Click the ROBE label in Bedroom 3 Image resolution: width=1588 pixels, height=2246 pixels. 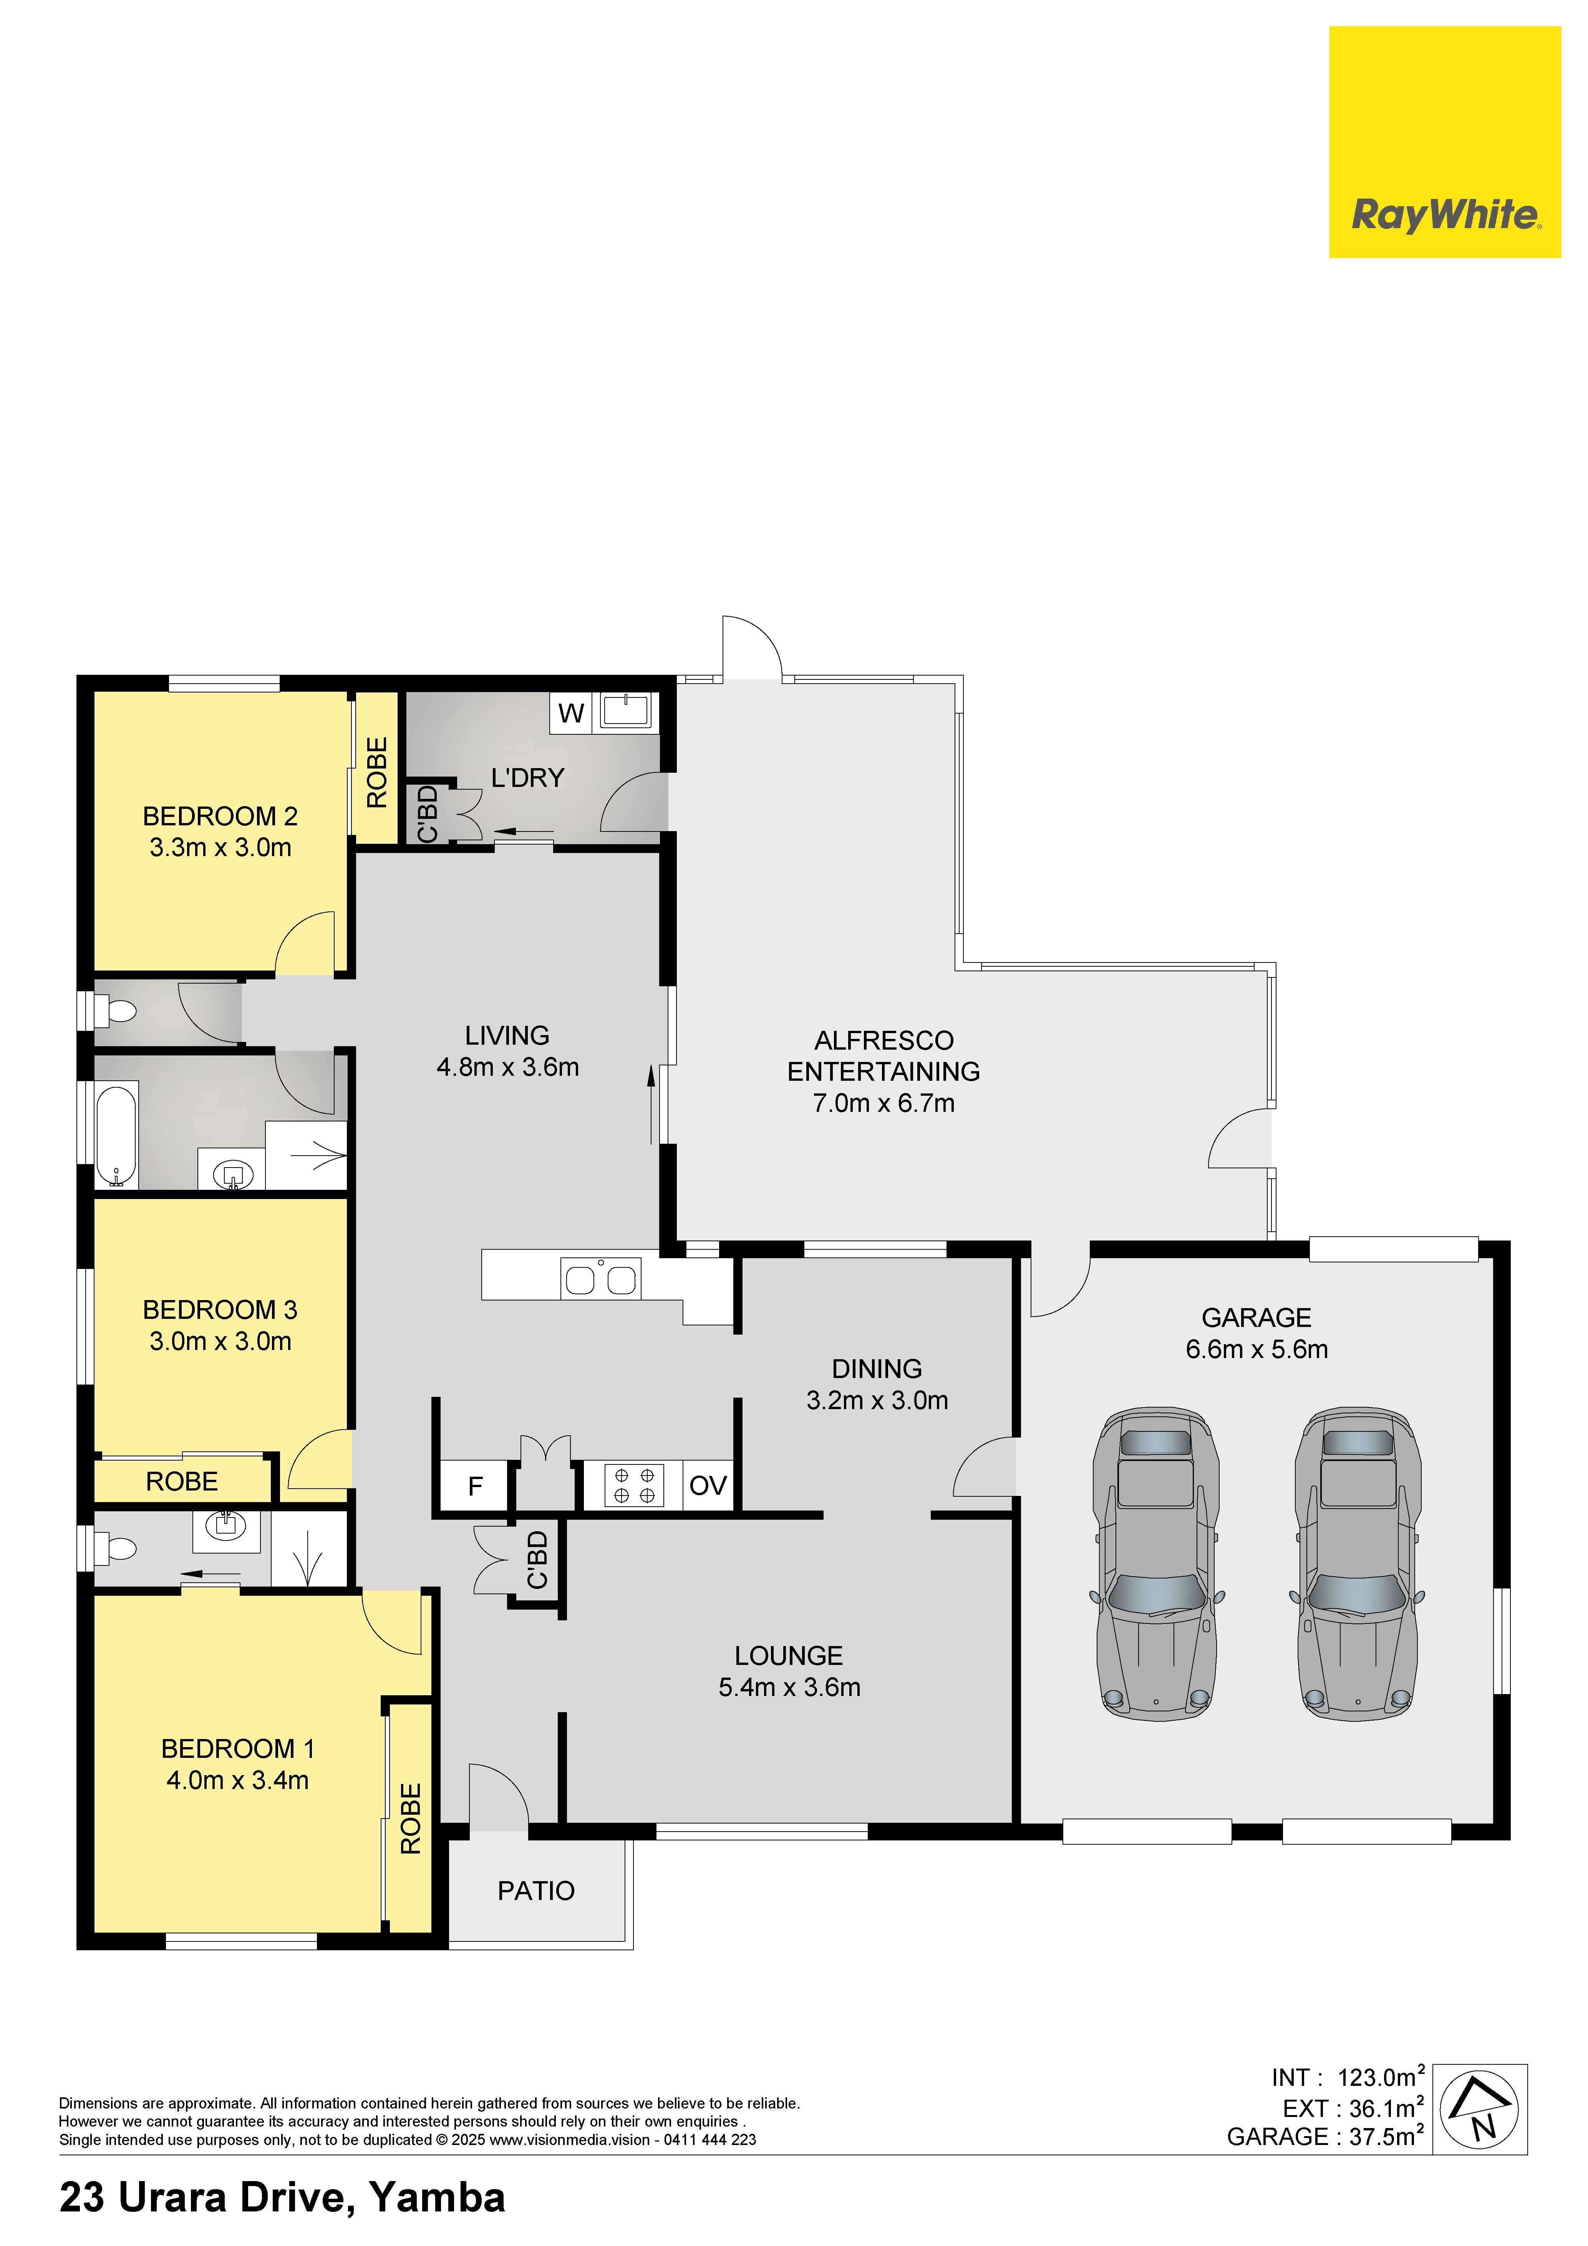tap(182, 1481)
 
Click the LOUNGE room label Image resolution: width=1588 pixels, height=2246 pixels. tap(789, 1655)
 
